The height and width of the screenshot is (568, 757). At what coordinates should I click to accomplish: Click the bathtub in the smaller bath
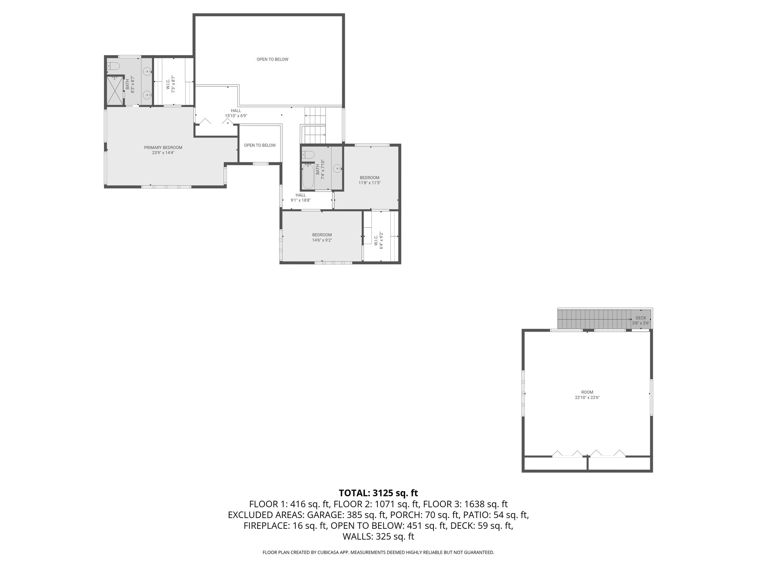(308, 177)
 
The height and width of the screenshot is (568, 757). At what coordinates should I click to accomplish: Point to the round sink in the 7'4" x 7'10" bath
(337, 169)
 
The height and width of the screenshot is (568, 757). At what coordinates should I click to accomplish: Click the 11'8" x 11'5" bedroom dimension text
(369, 183)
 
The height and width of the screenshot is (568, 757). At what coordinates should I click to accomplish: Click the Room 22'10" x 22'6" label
(587, 395)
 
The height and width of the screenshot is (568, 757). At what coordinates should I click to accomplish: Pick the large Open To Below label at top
(272, 60)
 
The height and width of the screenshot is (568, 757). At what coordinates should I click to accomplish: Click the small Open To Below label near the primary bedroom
(259, 145)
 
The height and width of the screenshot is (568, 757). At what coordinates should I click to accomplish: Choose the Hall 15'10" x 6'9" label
(236, 113)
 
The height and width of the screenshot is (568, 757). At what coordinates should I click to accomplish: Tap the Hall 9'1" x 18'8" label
(301, 197)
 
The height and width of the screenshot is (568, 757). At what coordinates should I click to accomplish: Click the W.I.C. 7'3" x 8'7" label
(170, 84)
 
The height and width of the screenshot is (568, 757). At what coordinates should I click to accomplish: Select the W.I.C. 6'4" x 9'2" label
(378, 240)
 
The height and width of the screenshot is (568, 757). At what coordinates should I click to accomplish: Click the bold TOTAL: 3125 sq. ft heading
(378, 493)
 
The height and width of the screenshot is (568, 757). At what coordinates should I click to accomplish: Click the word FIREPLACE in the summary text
(266, 525)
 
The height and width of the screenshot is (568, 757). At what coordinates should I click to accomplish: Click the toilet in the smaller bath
(308, 154)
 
